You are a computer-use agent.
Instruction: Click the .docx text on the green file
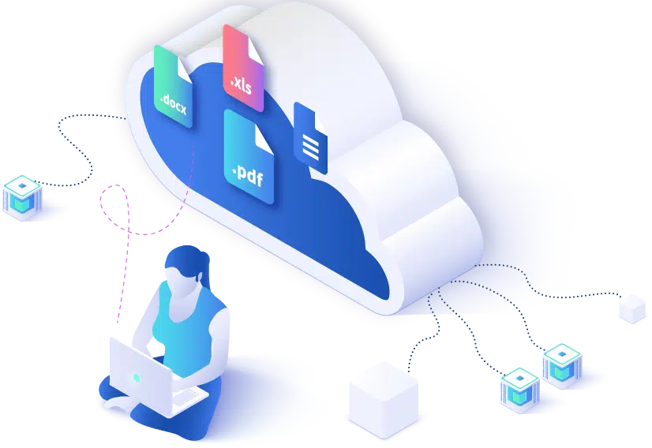(x=174, y=105)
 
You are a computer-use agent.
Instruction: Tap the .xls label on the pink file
(x=242, y=84)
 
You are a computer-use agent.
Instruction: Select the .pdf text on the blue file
(x=248, y=175)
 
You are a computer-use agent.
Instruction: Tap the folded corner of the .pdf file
(x=264, y=137)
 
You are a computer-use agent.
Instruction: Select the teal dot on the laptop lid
(x=137, y=378)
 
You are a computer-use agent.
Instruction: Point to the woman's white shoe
(x=118, y=402)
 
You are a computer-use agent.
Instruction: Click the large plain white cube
(x=384, y=399)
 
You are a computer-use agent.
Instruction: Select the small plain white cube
(x=632, y=308)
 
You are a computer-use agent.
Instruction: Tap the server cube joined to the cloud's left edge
(x=22, y=197)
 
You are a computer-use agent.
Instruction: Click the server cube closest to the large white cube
(x=519, y=390)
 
